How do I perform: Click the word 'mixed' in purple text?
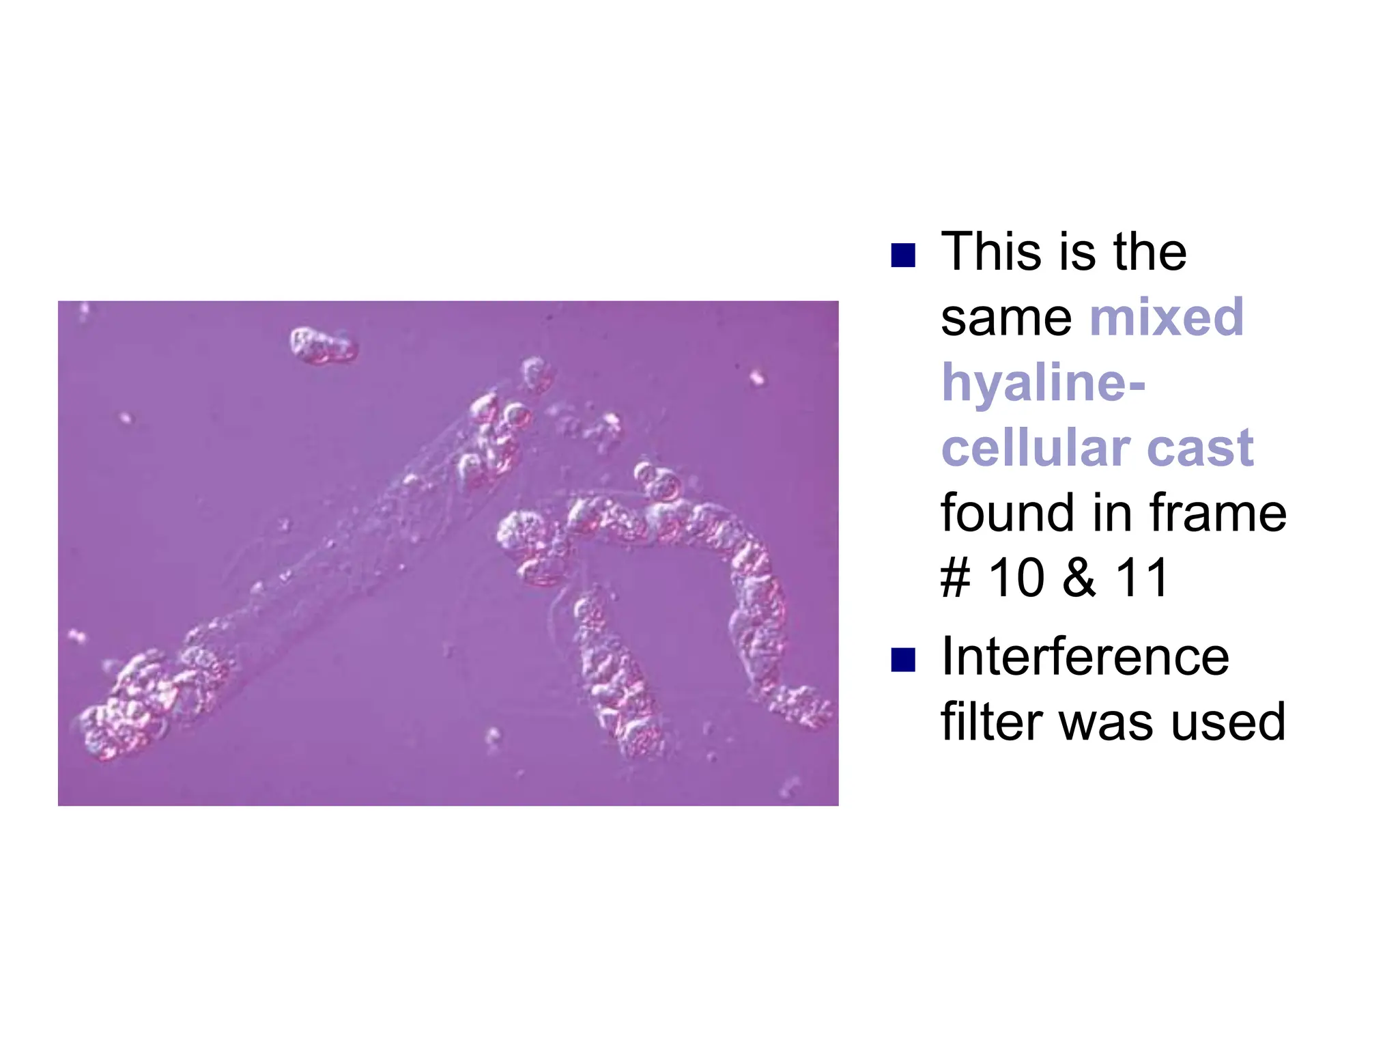point(1167,317)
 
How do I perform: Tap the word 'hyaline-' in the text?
point(1043,382)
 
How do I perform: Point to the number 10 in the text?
point(1016,578)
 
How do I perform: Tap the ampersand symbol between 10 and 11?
point(1079,578)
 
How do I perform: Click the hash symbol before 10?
point(956,578)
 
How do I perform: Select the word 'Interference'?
point(1085,657)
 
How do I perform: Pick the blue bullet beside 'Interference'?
point(903,660)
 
